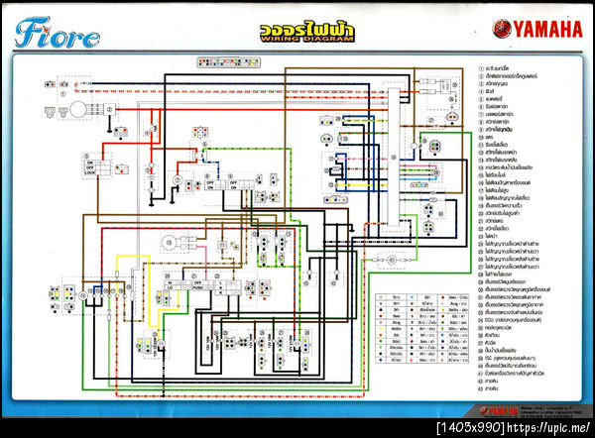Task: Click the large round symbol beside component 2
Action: tap(73, 112)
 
